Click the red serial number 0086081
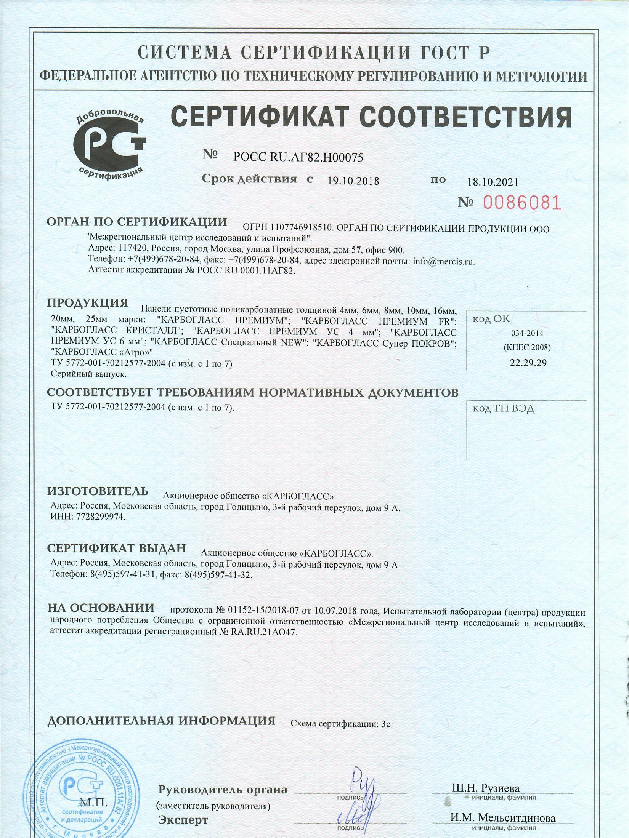click(522, 202)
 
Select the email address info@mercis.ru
click(444, 261)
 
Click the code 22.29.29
click(528, 363)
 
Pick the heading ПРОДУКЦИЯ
click(87, 303)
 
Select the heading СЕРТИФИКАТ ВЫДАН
click(116, 548)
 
